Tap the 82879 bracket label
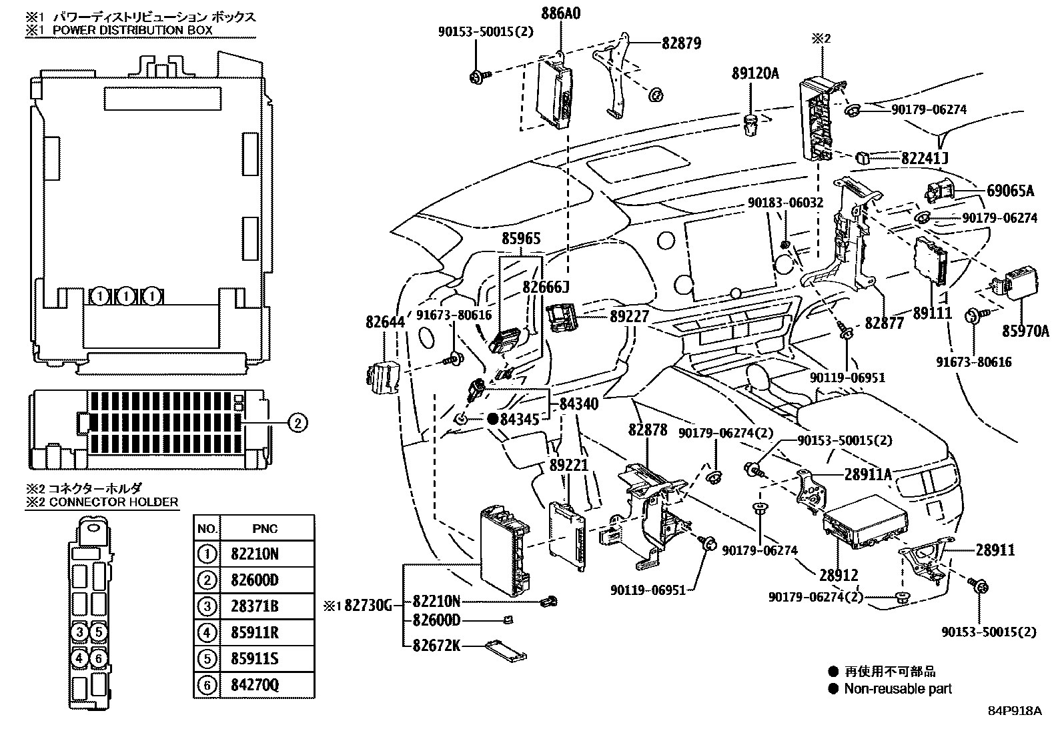(681, 44)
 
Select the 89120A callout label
(754, 73)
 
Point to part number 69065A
(1010, 191)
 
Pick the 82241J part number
(924, 159)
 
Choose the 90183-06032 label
(785, 203)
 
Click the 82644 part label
(385, 322)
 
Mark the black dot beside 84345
(492, 419)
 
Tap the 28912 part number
(838, 575)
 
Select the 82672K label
(436, 646)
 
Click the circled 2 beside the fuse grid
(298, 422)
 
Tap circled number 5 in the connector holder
(97, 632)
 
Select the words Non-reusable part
(898, 688)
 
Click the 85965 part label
(521, 239)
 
